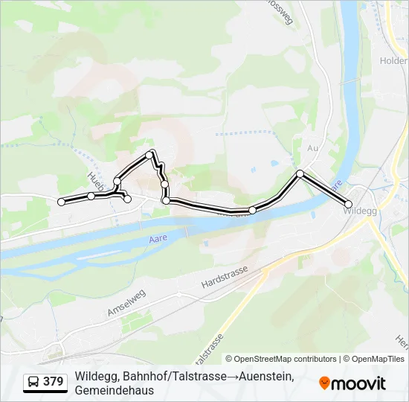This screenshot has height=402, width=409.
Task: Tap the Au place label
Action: coord(312,148)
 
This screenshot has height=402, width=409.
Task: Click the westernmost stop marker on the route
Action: coord(61,202)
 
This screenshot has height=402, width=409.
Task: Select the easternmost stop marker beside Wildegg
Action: coord(348,204)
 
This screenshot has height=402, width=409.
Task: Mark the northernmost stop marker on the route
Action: coord(152,154)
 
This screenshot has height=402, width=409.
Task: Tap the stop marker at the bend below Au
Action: coord(300,173)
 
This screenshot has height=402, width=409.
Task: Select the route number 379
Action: coord(54,382)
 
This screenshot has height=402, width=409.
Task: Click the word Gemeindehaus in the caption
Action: coord(114,391)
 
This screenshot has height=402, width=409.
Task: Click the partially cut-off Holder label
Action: coord(394,61)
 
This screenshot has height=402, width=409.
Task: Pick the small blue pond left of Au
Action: coord(274,162)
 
